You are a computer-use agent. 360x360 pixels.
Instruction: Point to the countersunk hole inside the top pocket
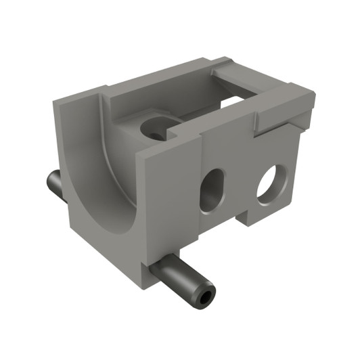click(156, 129)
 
